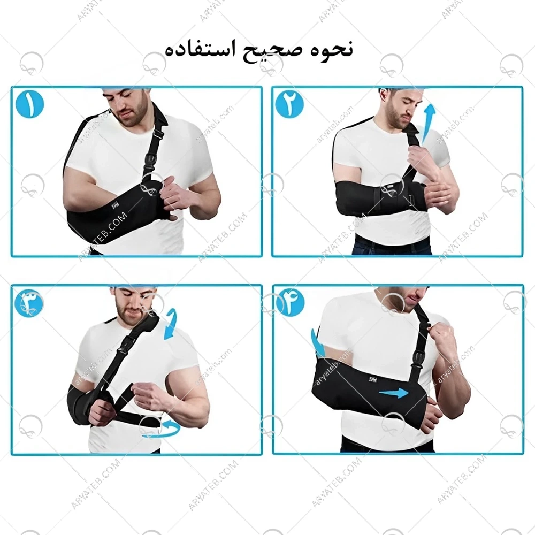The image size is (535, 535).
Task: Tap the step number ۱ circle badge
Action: pos(30,104)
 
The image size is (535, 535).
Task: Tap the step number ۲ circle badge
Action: pos(289,104)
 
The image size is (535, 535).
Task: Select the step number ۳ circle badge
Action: pos(30,303)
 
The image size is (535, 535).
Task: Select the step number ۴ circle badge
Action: pos(290,303)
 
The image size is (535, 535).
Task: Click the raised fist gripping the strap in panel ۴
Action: pos(441,337)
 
